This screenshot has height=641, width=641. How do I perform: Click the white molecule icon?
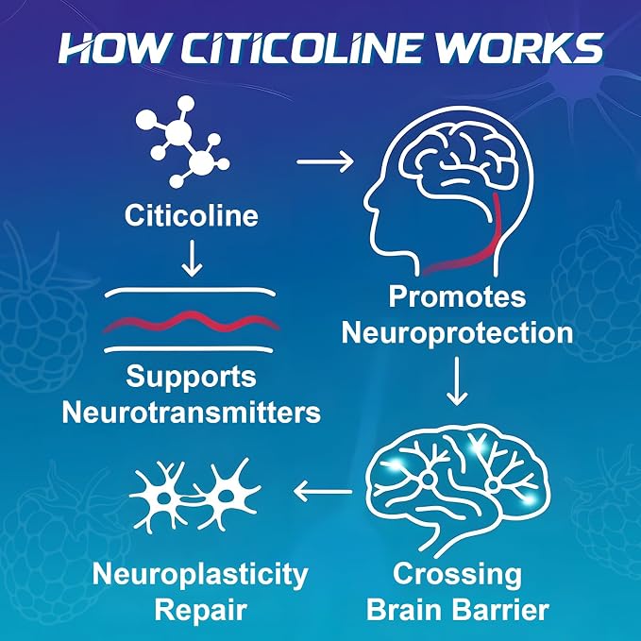click(x=182, y=141)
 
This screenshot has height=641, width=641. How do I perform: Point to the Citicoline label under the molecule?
click(x=192, y=215)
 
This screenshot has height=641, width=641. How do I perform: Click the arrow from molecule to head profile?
click(x=325, y=161)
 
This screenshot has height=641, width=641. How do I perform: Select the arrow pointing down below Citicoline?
click(x=192, y=259)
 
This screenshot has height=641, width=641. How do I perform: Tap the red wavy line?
click(x=192, y=322)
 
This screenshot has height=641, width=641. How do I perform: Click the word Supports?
click(x=192, y=378)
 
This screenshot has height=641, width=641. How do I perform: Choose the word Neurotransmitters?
click(x=192, y=412)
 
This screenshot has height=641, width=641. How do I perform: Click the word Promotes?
click(x=457, y=297)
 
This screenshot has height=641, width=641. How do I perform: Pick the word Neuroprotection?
click(x=457, y=333)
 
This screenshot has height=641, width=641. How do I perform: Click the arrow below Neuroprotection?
click(x=457, y=381)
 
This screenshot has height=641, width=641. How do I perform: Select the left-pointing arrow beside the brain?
click(x=323, y=491)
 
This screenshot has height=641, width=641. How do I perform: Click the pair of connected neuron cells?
click(x=195, y=496)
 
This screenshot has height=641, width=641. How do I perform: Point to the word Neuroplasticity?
click(x=200, y=575)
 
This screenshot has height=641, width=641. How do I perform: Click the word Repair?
click(x=200, y=611)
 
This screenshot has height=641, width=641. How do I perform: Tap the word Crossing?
click(x=457, y=575)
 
